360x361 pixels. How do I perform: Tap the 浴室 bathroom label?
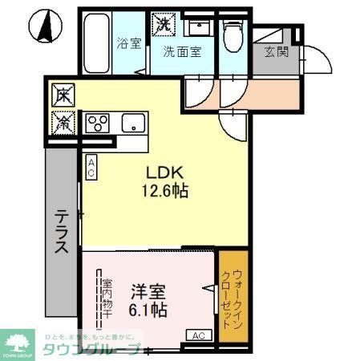click(x=128, y=43)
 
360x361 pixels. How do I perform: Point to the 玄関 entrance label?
click(x=277, y=55)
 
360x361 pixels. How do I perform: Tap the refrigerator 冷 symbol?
click(x=63, y=122)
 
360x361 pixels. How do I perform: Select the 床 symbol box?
click(x=63, y=95)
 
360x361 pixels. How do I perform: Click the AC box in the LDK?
click(x=91, y=167)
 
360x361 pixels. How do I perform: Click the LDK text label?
click(x=165, y=172)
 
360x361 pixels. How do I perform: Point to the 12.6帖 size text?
click(x=166, y=192)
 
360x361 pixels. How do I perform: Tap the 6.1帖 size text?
click(x=149, y=310)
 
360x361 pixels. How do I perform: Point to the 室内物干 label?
click(x=106, y=298)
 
